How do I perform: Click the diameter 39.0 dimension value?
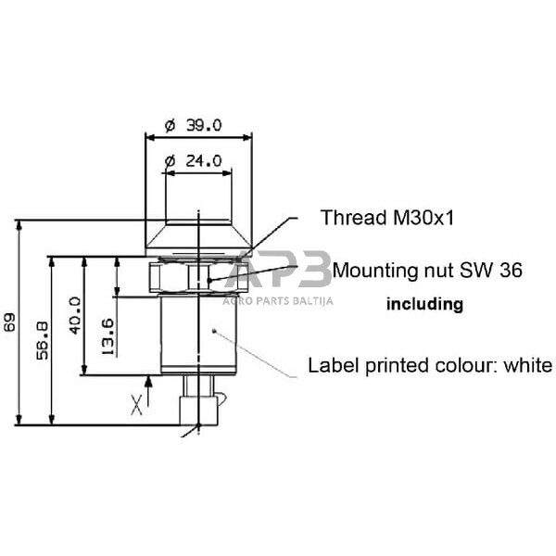[x=194, y=125]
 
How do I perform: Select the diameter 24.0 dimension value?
[x=194, y=161]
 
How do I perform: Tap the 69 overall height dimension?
[x=9, y=322]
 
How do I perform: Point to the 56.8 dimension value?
[x=43, y=340]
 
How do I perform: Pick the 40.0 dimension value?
[x=75, y=316]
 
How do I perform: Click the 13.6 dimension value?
[x=107, y=337]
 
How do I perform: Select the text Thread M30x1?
[x=387, y=218]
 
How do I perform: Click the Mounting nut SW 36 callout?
[x=427, y=271]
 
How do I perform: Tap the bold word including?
[x=424, y=304]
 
